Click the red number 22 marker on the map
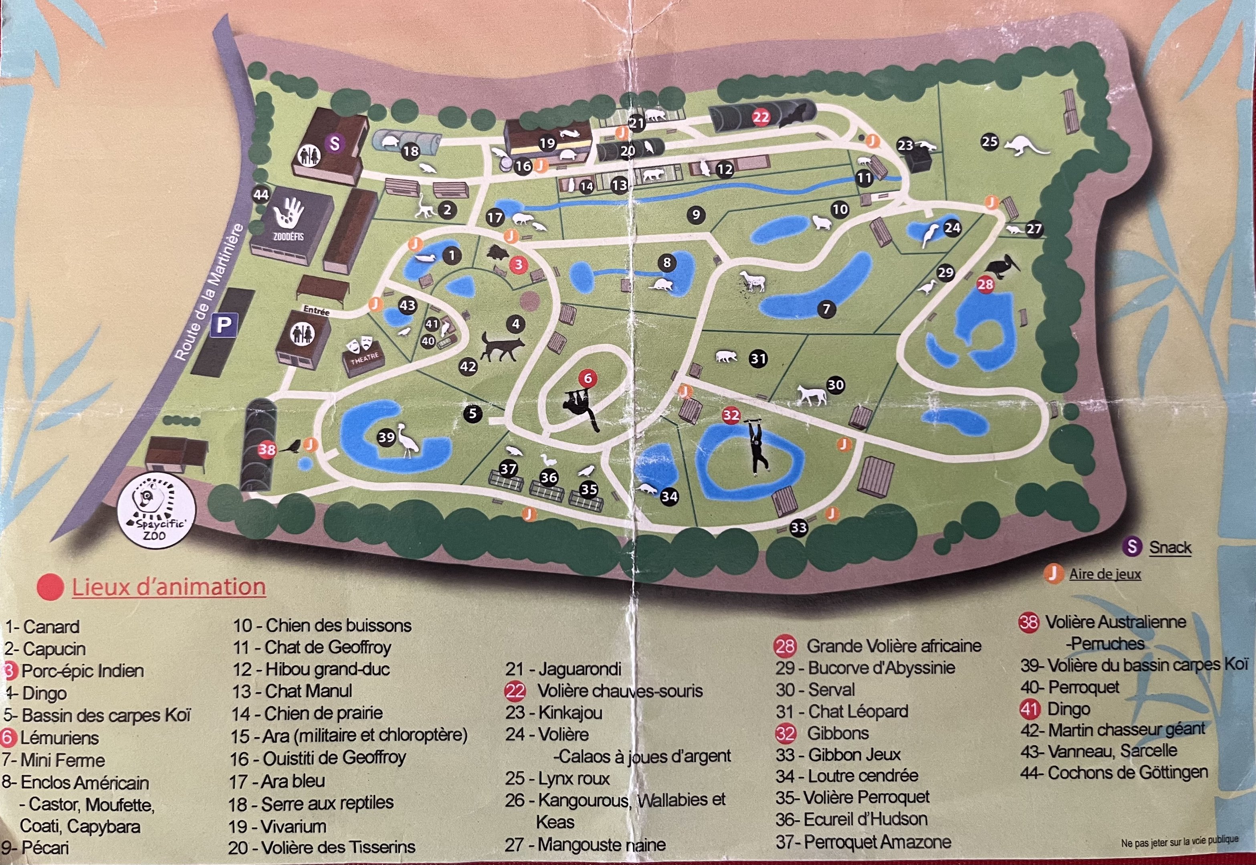(761, 117)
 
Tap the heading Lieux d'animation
(169, 587)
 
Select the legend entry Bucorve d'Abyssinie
(881, 668)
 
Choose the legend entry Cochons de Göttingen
(1127, 772)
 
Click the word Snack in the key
(1170, 547)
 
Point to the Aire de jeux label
(1105, 574)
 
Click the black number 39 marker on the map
(386, 437)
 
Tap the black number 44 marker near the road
(261, 195)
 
